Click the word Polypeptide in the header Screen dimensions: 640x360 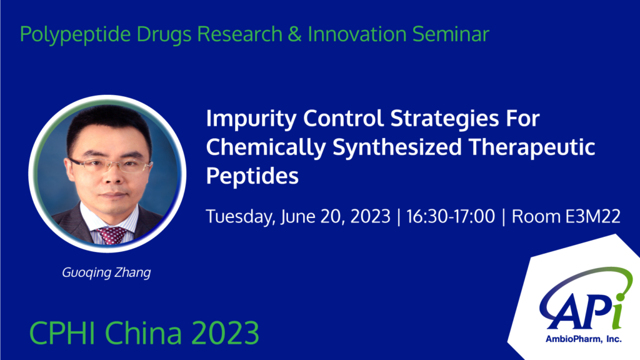76,34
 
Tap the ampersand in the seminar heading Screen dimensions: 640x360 295,34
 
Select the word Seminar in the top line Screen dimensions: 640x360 451,34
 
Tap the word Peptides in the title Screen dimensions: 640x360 252,176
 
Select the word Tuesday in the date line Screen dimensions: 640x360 239,217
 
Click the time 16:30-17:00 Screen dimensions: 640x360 451,216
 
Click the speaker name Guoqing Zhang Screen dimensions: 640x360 106,272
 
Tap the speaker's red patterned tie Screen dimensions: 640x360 111,236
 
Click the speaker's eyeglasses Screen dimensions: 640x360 109,165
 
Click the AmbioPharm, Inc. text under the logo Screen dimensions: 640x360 583,339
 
